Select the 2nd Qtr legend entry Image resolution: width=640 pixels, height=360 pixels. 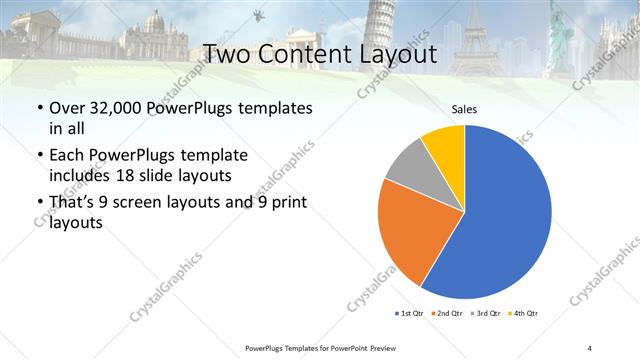click(x=449, y=314)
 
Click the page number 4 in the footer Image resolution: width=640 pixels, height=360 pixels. click(x=590, y=347)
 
